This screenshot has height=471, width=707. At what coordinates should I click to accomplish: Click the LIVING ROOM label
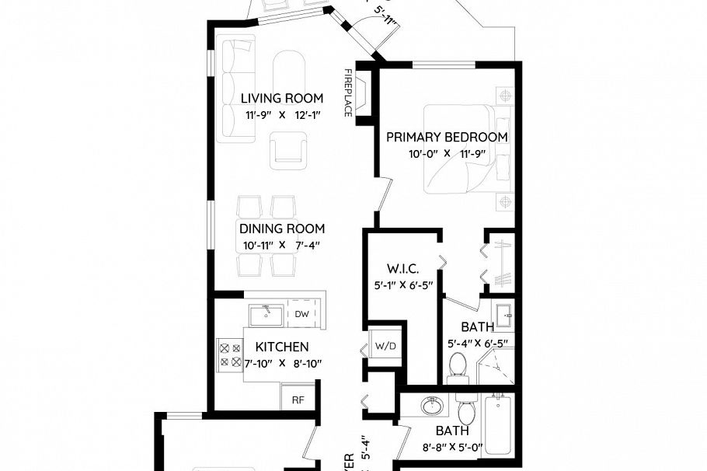coord(281,98)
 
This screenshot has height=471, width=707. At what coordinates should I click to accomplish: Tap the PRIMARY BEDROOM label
coord(447,137)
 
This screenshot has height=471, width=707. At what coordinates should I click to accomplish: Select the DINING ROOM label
coord(281,229)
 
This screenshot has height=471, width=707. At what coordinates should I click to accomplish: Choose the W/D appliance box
coord(385,344)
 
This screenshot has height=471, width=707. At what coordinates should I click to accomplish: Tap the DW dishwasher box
coord(301,314)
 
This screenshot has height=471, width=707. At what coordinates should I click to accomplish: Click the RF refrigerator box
coord(298,400)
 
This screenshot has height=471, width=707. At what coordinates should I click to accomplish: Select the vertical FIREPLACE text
coord(349,92)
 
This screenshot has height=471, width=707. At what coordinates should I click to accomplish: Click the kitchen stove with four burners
coord(230,355)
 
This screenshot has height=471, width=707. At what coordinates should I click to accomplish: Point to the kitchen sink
coord(266,314)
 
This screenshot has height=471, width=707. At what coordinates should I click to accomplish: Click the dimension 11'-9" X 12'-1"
coord(283,114)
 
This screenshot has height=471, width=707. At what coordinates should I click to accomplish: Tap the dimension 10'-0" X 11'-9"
coord(447,153)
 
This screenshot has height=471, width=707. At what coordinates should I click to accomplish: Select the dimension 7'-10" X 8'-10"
coord(283,363)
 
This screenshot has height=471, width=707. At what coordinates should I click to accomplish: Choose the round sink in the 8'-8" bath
coord(430,407)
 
